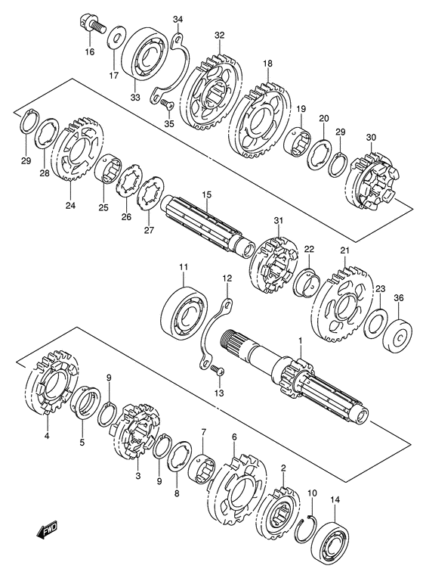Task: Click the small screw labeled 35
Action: tap(167, 107)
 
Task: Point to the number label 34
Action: tap(178, 18)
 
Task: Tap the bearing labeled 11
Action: tap(184, 309)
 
